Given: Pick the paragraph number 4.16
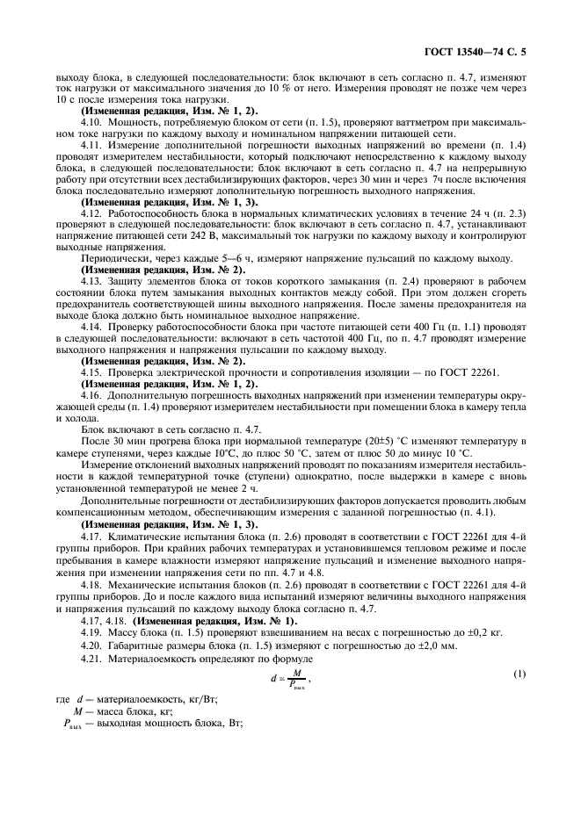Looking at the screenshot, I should coord(91,394).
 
